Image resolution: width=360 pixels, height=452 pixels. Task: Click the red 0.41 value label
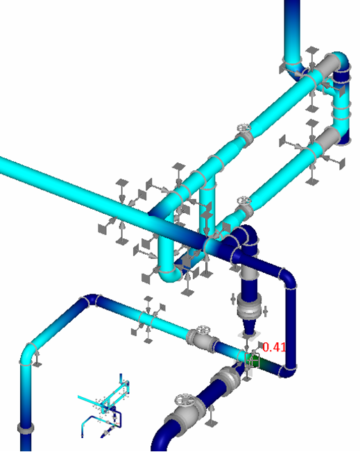pyautogui.click(x=274, y=347)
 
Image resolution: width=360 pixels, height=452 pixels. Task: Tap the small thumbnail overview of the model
pyautogui.click(x=103, y=405)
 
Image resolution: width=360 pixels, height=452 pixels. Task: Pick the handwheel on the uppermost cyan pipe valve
pyautogui.click(x=244, y=128)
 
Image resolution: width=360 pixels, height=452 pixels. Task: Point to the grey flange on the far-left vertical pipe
pyautogui.click(x=26, y=428)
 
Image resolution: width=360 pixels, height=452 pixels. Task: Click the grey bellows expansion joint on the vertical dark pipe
pyautogui.click(x=249, y=308)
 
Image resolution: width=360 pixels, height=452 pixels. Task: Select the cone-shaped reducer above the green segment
pyautogui.click(x=248, y=327)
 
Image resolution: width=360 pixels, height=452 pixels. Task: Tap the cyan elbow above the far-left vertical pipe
pyautogui.click(x=28, y=353)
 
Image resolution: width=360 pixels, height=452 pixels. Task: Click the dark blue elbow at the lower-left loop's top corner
pyautogui.click(x=91, y=300)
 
